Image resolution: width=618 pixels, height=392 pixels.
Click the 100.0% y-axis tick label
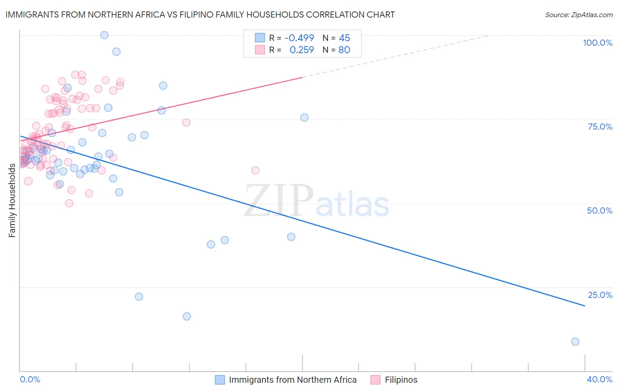coord(597,43)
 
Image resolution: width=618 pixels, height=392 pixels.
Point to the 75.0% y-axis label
coord(600,127)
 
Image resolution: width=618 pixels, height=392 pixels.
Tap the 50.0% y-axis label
coord(600,211)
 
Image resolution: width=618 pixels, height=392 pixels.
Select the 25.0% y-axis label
coord(600,294)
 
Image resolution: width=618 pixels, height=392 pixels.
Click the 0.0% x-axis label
coord(30,379)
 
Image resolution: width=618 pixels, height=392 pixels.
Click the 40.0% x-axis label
coord(600,379)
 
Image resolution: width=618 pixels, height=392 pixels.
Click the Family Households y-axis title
coord(12,200)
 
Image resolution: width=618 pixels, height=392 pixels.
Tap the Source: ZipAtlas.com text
coord(578,15)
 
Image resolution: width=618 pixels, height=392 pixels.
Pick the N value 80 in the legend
coord(344,50)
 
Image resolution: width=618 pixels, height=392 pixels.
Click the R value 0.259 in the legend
coord(302,50)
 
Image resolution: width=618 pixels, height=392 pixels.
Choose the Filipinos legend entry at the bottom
coord(401,380)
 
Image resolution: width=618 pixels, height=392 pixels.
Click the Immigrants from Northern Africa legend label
coord(292,380)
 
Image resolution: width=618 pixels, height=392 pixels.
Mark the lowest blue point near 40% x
coord(575,341)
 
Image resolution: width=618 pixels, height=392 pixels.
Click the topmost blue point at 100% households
coord(104,35)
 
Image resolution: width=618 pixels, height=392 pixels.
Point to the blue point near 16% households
coord(187,316)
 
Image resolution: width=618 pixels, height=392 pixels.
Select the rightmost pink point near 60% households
coord(255,170)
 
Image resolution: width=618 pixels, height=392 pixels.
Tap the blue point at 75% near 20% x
coord(304,117)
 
